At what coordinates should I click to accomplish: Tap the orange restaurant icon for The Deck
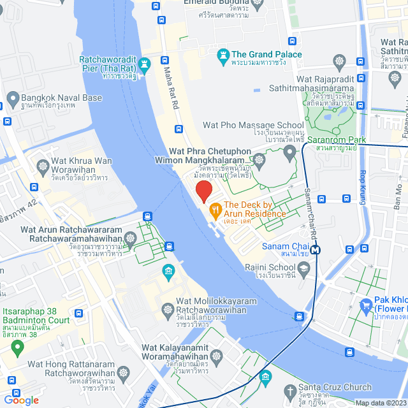coord(216,208)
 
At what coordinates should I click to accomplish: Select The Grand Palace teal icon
coord(223,55)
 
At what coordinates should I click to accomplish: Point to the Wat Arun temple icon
coord(131,238)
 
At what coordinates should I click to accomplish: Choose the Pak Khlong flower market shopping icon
coord(367,306)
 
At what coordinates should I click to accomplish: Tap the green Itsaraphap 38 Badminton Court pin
coord(17,347)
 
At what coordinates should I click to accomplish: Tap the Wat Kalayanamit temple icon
coord(216,355)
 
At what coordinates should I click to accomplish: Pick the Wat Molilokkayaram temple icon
coord(168,309)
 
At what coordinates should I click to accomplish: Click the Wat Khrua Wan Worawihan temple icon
coord(43,166)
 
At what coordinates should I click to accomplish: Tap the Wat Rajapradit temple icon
coord(339,62)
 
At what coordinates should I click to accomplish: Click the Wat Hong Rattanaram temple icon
coord(123,371)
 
